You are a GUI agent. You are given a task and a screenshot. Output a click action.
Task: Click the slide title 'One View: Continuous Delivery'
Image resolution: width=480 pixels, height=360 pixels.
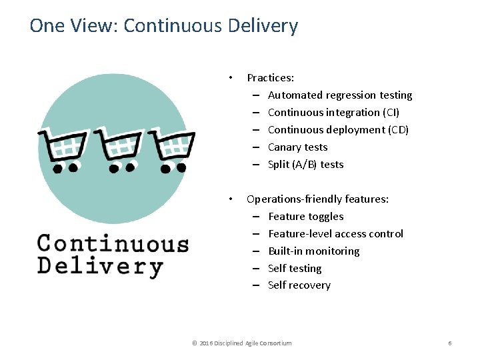tap(164, 26)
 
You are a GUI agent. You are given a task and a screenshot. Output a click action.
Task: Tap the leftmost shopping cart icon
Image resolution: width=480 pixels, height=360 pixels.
tap(63, 148)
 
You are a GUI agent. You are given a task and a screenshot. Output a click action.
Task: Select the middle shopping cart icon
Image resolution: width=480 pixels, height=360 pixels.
tap(119, 148)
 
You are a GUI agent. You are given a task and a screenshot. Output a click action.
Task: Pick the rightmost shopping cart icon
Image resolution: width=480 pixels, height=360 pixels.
tap(172, 148)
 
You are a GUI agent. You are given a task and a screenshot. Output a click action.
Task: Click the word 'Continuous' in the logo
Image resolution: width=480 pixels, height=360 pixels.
tap(113, 243)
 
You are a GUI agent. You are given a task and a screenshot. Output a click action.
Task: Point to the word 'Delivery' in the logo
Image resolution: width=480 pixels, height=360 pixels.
tap(100, 266)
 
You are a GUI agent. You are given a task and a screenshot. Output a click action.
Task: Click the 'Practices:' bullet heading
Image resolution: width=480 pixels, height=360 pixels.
tap(270, 78)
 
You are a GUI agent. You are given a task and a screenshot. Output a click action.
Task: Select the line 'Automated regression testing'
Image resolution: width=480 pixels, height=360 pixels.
tap(340, 95)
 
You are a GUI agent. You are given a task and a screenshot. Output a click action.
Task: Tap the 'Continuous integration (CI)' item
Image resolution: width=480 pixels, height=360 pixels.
tap(333, 113)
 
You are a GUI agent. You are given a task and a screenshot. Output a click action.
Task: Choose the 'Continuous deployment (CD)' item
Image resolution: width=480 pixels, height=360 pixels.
tap(338, 130)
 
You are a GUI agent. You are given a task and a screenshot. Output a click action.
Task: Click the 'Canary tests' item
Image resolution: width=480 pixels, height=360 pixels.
tap(297, 147)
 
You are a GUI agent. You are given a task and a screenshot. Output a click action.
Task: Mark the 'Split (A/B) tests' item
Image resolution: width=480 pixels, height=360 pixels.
tap(305, 165)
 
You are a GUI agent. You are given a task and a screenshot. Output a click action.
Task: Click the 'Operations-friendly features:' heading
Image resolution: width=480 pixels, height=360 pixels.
tap(317, 199)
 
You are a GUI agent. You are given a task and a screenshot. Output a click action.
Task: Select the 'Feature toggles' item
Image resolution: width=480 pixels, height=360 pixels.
tap(306, 217)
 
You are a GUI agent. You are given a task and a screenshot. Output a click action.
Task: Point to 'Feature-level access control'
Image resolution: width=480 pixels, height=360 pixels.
tap(335, 234)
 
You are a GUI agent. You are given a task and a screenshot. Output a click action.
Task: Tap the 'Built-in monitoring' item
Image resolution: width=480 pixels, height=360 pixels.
tap(313, 251)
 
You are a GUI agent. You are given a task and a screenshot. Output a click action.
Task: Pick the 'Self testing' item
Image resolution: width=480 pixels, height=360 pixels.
tap(295, 269)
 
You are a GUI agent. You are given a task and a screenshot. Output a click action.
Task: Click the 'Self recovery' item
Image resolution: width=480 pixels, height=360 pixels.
tap(299, 285)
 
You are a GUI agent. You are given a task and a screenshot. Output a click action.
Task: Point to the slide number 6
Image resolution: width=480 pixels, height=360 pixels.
tap(450, 343)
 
